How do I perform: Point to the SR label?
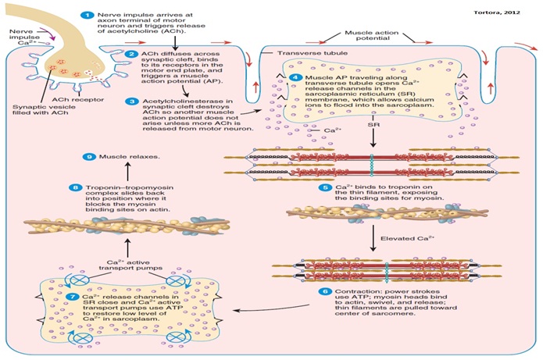point(374,123)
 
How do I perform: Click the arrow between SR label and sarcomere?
point(374,138)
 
